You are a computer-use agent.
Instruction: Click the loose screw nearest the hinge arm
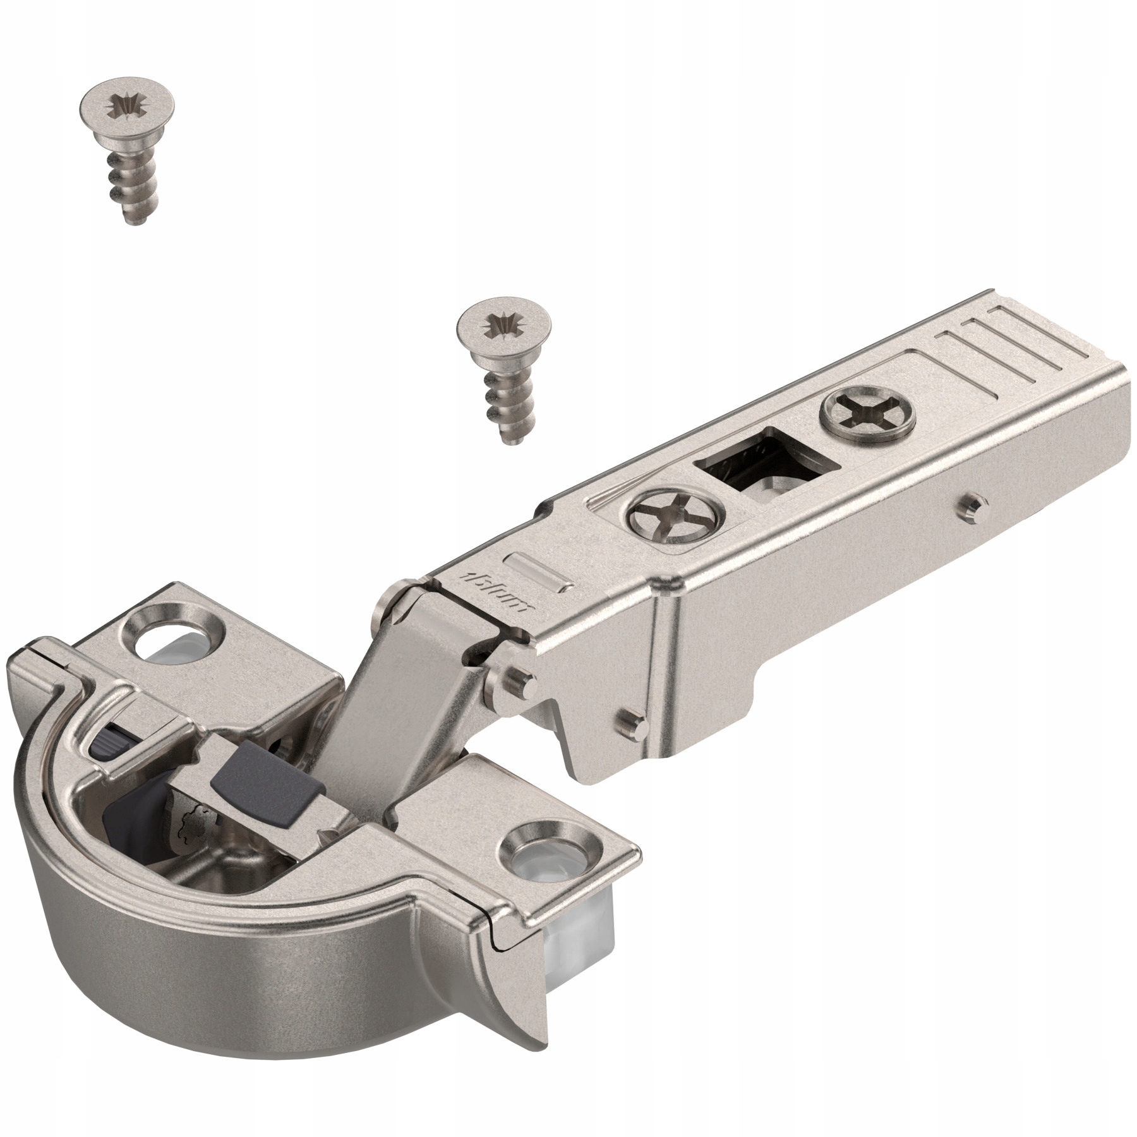pos(505,373)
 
